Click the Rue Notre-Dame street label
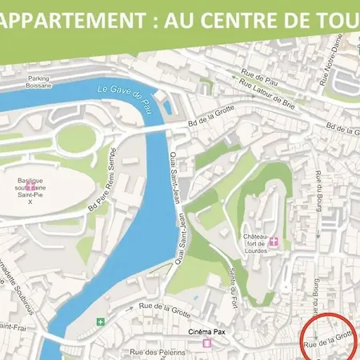point(327,71)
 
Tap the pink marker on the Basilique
point(30,184)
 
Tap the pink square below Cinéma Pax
point(206,344)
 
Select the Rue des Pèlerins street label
point(157,352)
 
